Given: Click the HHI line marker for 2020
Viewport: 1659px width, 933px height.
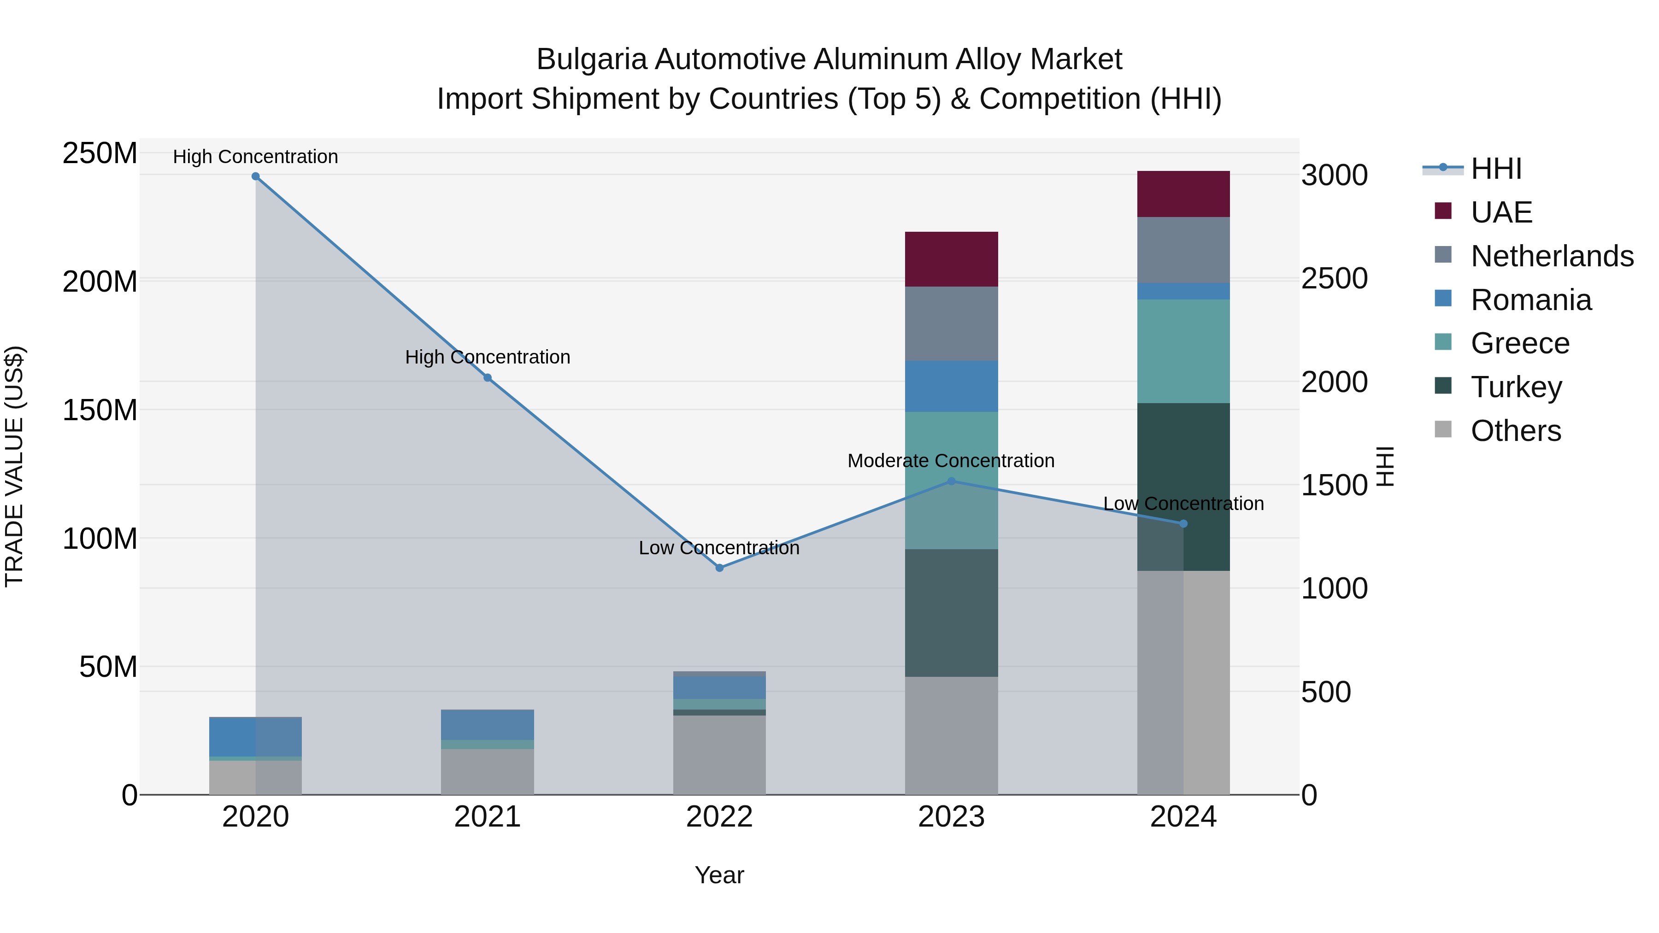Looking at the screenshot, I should coord(256,176).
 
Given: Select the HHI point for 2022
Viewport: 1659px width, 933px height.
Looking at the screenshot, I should coord(719,568).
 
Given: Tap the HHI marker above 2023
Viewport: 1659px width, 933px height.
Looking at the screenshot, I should coord(951,481).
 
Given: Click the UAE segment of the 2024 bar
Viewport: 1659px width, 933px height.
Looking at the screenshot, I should coord(1183,194).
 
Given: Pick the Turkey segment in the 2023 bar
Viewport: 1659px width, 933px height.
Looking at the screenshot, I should coord(951,612).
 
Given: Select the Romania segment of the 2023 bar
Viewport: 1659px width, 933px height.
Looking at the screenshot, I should coord(951,387).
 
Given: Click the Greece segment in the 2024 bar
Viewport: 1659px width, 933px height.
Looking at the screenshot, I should coord(1183,351).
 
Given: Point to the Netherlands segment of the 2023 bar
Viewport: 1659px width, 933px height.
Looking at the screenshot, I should coord(951,323).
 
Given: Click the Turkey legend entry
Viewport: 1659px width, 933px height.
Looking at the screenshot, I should coord(1516,387).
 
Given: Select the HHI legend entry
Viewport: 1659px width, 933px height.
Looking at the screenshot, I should coord(1496,169).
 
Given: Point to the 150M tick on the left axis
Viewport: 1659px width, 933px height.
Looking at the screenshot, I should coord(100,410).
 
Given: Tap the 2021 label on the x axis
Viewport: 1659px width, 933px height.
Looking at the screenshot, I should coord(488,817).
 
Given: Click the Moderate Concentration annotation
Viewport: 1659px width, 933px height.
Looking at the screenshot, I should coord(951,461).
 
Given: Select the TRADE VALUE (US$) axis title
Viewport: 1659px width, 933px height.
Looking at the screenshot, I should coord(14,466).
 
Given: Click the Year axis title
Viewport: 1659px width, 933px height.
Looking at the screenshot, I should coord(719,875).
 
